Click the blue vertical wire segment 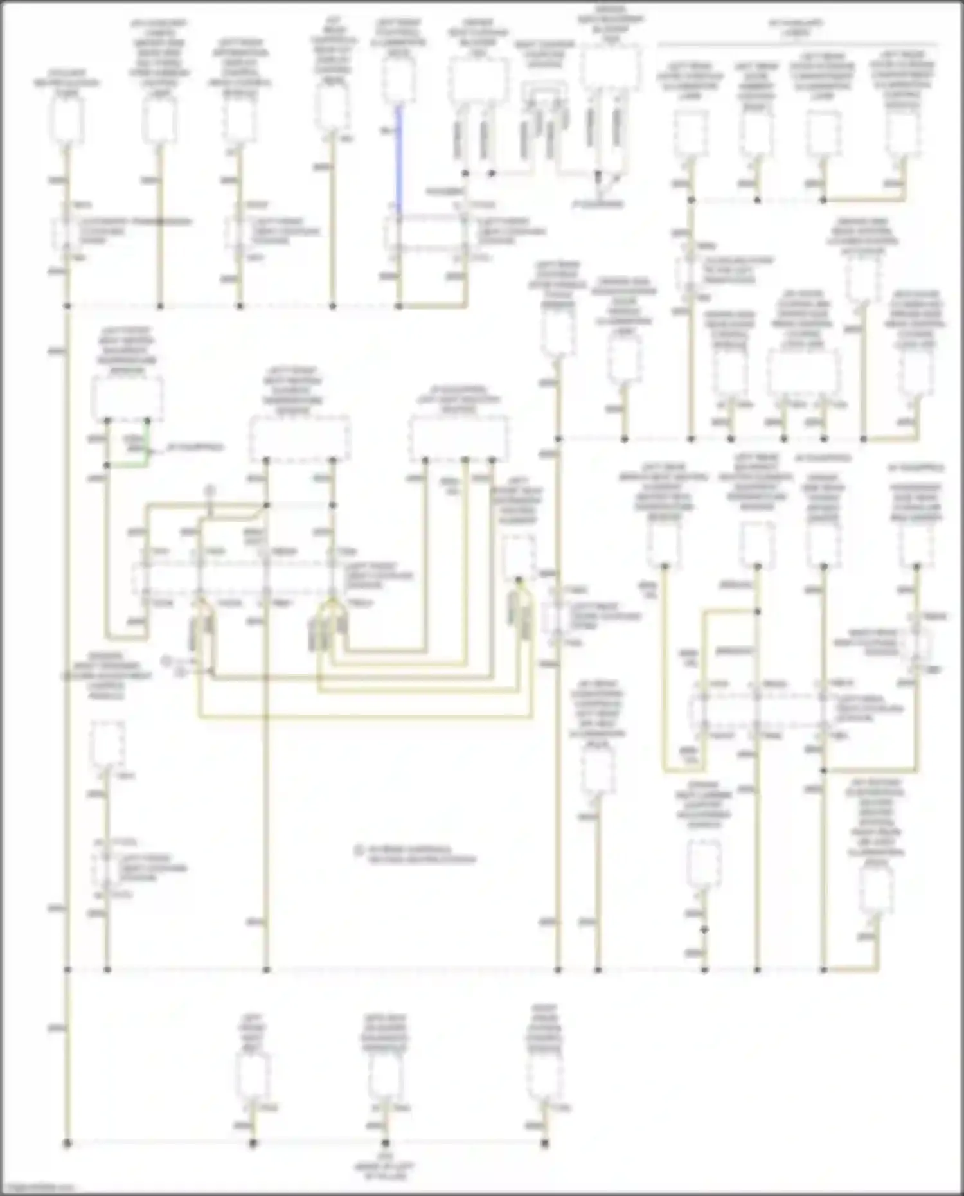click(398, 161)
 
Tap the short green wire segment click(148, 443)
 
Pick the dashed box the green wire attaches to click(127, 398)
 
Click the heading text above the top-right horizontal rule click(796, 27)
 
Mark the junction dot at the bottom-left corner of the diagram click(67, 1143)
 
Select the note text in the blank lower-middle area click(416, 854)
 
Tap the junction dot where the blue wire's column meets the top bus click(398, 307)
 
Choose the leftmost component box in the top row click(67, 122)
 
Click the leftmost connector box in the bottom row click(253, 1075)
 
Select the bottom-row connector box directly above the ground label click(386, 1075)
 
